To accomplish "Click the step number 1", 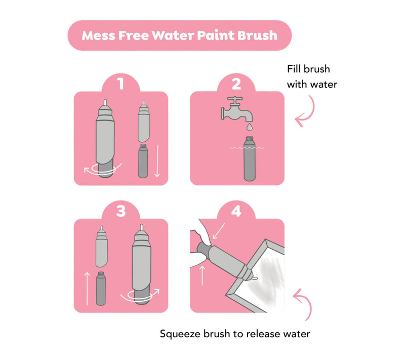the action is (120, 84).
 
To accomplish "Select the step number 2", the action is (236, 84).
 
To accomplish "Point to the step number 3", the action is (120, 211).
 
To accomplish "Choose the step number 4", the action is (236, 211).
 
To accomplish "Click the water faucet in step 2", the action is (236, 109).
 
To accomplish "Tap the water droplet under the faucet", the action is (249, 127).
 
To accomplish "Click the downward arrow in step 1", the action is (157, 161).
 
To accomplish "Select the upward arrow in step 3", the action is (87, 289).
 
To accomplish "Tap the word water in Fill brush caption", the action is (324, 85).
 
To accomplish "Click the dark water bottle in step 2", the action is (250, 158).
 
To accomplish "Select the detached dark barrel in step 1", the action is (143, 161).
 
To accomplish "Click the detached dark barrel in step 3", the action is (101, 289).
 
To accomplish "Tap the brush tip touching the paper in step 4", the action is (255, 278).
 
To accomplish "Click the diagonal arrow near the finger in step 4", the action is (219, 231).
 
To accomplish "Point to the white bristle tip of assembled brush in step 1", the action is (105, 102).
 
